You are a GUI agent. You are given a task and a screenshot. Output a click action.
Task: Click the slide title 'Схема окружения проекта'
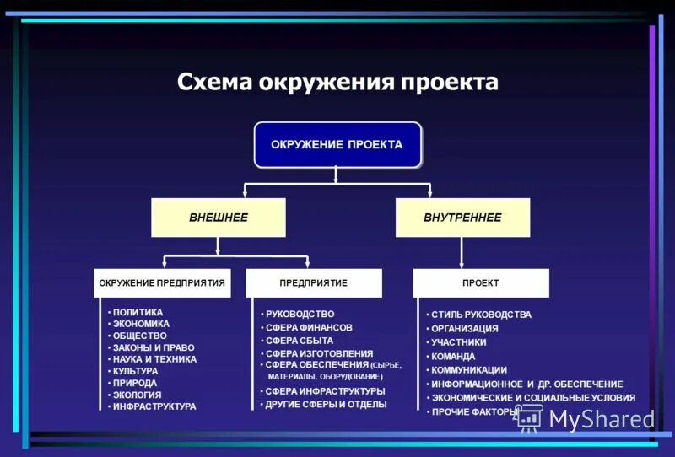[337, 83]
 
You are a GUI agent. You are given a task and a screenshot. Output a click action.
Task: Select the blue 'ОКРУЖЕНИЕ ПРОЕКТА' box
[337, 145]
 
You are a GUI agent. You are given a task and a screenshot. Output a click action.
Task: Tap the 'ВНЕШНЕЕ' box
[218, 218]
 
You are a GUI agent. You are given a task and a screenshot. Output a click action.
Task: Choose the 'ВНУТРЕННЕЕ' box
[462, 218]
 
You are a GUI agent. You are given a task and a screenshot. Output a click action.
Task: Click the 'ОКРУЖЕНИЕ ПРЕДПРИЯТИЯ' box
[161, 283]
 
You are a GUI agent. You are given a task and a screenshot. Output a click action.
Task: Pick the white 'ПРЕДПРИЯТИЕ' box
[313, 283]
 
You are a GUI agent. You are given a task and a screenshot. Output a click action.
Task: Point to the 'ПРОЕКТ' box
[480, 283]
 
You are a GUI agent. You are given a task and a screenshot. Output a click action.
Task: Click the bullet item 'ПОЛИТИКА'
[138, 312]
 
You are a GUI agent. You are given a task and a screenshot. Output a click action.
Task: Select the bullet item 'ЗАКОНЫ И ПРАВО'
[154, 347]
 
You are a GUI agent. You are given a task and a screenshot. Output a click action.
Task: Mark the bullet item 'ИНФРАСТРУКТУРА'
[154, 406]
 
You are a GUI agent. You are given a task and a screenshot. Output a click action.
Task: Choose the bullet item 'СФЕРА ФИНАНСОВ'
[308, 327]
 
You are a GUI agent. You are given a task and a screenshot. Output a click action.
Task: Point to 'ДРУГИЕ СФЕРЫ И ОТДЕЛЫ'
[326, 405]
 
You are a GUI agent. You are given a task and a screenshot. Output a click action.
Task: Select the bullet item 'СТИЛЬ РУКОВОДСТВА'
[481, 315]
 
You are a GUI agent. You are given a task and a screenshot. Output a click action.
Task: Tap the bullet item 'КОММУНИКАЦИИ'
[469, 370]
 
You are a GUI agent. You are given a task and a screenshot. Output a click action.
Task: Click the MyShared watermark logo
[586, 418]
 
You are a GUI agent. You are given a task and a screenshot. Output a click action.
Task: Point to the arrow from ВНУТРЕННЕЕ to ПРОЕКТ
[462, 253]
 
